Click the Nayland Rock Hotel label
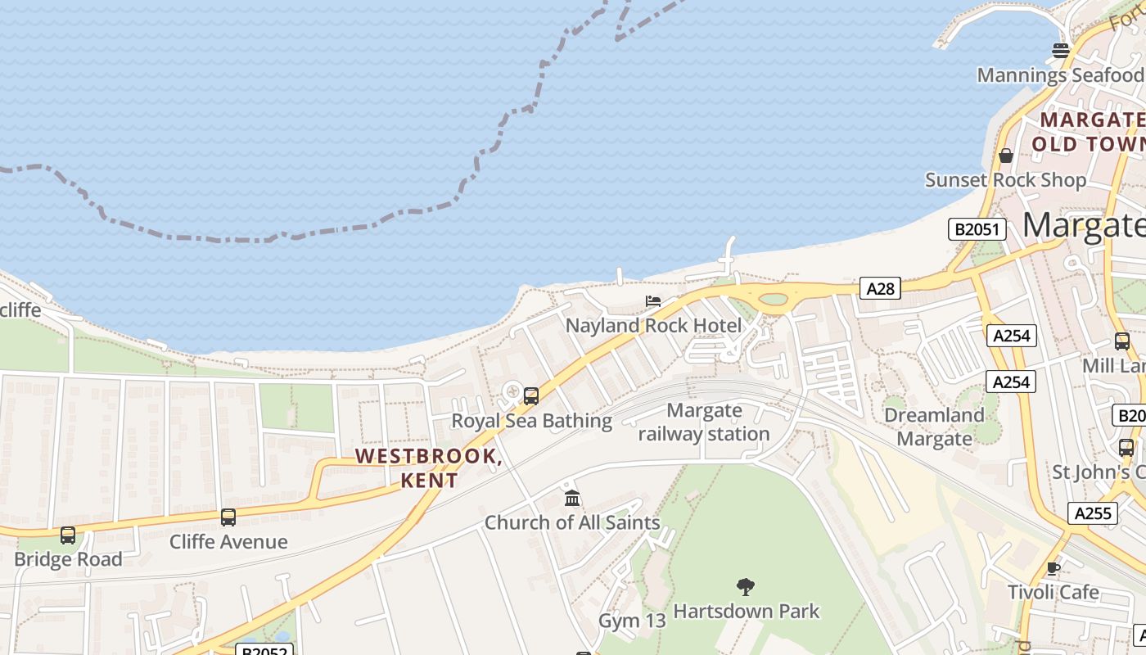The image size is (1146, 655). [653, 326]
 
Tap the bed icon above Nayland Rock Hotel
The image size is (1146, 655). [653, 301]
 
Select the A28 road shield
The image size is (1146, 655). [881, 288]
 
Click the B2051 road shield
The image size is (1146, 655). [977, 229]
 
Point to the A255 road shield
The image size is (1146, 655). [1092, 513]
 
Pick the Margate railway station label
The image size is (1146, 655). [704, 422]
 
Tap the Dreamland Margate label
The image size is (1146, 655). [934, 427]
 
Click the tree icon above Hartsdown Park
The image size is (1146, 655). [745, 586]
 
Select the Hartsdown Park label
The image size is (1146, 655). [746, 612]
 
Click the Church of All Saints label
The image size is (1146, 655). [572, 522]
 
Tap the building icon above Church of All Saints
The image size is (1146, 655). [572, 498]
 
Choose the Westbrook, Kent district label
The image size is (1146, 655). [429, 468]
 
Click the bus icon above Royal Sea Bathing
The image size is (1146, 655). [530, 396]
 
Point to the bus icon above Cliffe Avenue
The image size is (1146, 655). [228, 517]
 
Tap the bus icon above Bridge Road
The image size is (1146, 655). [68, 535]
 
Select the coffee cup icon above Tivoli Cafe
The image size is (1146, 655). [1054, 568]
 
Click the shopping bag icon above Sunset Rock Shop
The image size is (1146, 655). [1006, 156]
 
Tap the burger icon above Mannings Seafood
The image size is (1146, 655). [1061, 51]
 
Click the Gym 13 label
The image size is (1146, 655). [632, 621]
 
